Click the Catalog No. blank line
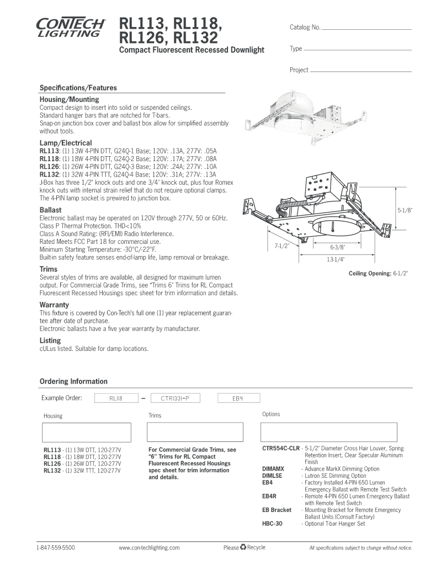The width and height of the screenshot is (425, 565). (x=366, y=29)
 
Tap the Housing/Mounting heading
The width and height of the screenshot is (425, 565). (x=69, y=99)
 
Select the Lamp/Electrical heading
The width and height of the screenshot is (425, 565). (x=65, y=143)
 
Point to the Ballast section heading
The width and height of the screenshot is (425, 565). (x=50, y=210)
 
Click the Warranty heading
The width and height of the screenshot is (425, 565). (x=54, y=305)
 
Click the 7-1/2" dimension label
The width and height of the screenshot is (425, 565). (x=282, y=245)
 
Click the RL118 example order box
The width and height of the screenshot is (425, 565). (x=116, y=397)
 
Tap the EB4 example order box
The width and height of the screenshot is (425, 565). (x=238, y=397)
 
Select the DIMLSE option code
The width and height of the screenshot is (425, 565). (x=272, y=476)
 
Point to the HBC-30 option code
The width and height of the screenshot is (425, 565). (x=272, y=524)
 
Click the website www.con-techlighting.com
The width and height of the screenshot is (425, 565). (x=150, y=548)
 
